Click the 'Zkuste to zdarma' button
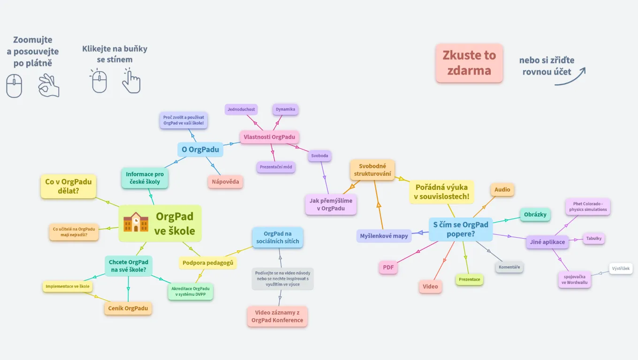point(469,63)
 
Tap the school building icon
point(136,222)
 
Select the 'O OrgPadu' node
point(200,150)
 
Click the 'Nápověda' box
point(225,181)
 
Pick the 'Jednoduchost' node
point(241,110)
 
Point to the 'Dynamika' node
point(285,110)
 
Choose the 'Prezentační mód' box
point(276,167)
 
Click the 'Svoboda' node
point(319,156)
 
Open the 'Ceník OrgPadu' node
point(128,308)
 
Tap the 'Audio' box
point(502,190)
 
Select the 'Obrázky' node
point(535,215)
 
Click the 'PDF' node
point(388,268)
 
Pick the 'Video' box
point(430,286)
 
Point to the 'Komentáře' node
point(509,267)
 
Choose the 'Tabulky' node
point(593,239)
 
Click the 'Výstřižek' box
point(621,269)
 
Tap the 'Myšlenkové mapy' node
point(384,236)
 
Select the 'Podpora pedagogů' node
point(207,262)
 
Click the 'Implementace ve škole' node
point(67,286)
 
